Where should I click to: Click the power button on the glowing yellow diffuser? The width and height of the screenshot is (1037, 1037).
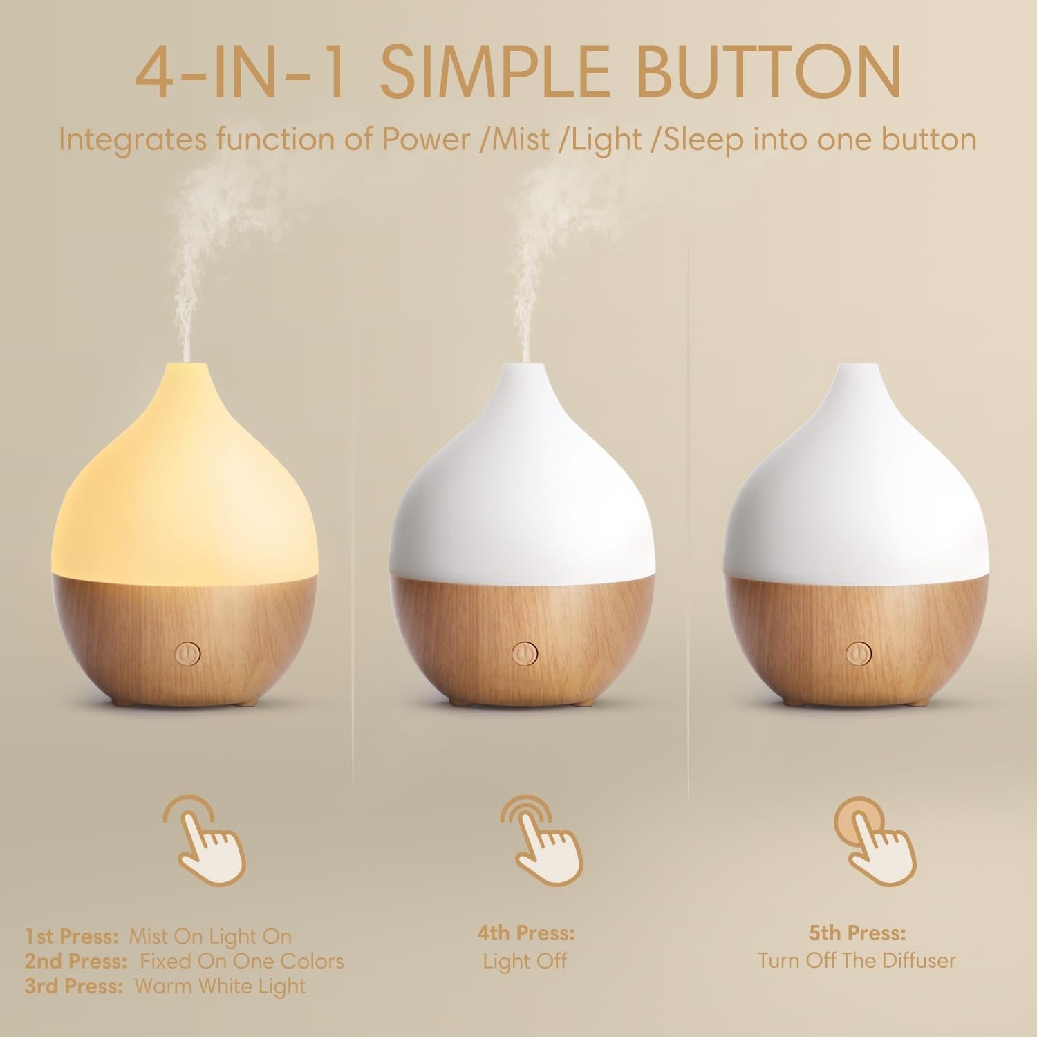(x=187, y=653)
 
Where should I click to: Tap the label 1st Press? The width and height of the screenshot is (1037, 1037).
(x=72, y=936)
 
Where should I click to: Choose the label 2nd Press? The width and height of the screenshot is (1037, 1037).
(x=76, y=961)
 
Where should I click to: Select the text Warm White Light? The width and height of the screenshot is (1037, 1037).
(x=220, y=986)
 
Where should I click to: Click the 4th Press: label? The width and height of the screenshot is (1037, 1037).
(x=525, y=933)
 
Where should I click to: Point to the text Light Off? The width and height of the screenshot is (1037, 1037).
(x=525, y=960)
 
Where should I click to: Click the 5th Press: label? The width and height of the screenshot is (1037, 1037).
(x=857, y=933)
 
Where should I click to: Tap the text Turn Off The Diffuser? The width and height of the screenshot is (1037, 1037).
(x=857, y=960)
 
